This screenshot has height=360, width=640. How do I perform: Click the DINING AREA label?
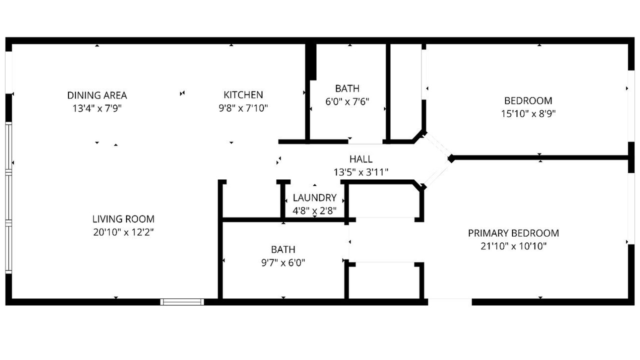tap(97, 95)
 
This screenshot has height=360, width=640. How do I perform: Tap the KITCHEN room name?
tap(243, 95)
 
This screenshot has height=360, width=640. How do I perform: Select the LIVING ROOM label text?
tap(123, 219)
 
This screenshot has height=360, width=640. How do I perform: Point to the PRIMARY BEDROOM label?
tap(513, 233)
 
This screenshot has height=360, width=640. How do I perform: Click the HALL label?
tap(361, 159)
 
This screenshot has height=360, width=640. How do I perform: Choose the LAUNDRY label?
tap(314, 197)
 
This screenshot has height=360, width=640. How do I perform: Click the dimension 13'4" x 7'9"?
tap(97, 108)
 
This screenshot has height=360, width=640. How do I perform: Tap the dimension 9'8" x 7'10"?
tap(243, 108)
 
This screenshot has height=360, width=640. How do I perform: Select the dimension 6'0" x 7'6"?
tap(347, 101)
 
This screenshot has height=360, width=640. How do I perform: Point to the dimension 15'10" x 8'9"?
tap(528, 113)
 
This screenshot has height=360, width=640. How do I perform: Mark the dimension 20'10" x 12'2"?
tap(123, 232)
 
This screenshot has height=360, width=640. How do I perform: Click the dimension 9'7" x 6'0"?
tap(283, 262)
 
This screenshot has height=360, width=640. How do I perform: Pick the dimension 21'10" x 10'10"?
tap(513, 246)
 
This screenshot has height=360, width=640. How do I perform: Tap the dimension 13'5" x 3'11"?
tap(361, 172)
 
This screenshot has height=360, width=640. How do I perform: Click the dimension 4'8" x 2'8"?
tap(314, 211)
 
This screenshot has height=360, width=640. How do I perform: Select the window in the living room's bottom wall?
tap(182, 302)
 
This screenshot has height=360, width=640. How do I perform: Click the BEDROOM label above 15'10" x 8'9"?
tap(528, 101)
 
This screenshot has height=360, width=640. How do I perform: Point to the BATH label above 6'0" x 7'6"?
tap(347, 88)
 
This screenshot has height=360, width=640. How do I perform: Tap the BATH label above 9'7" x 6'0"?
tap(283, 249)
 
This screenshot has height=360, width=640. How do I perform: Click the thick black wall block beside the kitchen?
tap(311, 61)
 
